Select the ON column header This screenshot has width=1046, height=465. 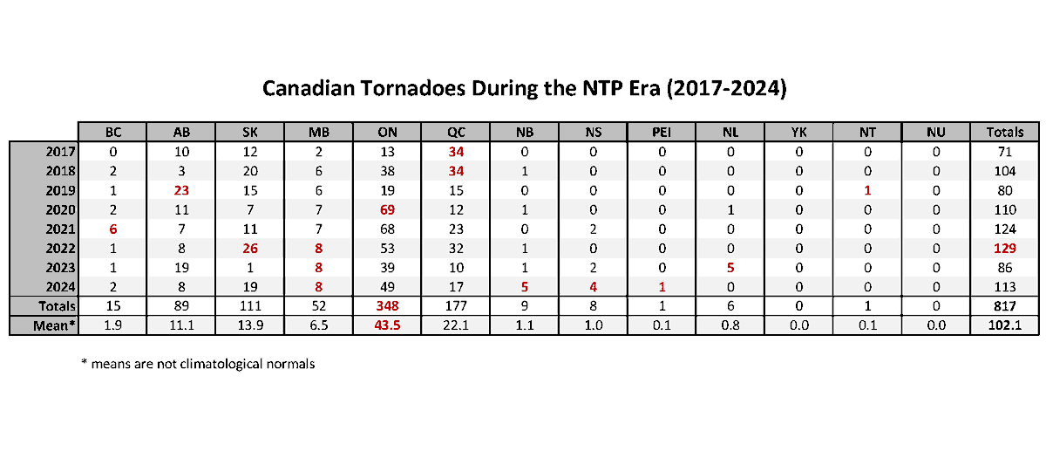pyautogui.click(x=387, y=132)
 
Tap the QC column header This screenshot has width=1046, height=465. pyautogui.click(x=456, y=132)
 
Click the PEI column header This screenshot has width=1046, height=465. pyautogui.click(x=662, y=132)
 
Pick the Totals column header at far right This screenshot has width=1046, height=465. pyautogui.click(x=1004, y=132)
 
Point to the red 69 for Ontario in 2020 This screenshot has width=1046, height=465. pyautogui.click(x=387, y=209)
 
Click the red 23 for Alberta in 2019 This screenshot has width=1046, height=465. pyautogui.click(x=181, y=190)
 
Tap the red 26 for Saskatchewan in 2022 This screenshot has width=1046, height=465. pyautogui.click(x=250, y=248)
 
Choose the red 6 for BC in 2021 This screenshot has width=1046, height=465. pyautogui.click(x=112, y=229)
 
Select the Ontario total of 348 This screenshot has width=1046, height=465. pyautogui.click(x=387, y=306)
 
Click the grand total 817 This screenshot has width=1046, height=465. pyautogui.click(x=1004, y=306)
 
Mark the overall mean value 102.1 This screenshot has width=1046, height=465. pyautogui.click(x=1004, y=325)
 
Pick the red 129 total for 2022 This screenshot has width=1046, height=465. pyautogui.click(x=1004, y=248)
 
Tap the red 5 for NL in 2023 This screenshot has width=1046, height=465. pyautogui.click(x=730, y=267)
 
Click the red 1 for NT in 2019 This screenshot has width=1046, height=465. pyautogui.click(x=867, y=190)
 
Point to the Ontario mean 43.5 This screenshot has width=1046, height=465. pyautogui.click(x=387, y=325)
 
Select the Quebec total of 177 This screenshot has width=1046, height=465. pyautogui.click(x=456, y=306)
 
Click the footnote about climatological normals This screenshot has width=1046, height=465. pyautogui.click(x=198, y=364)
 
